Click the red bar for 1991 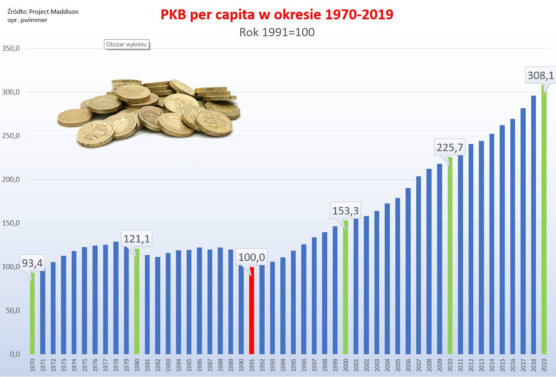coord(252,311)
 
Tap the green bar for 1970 coord(32,315)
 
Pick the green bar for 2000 coord(345,287)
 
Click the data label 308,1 coord(540,75)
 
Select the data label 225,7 coord(450,147)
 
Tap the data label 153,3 coord(345,211)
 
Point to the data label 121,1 coord(137,239)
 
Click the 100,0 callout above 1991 coord(252,257)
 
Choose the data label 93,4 coord(32,262)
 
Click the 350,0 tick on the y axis coord(11,49)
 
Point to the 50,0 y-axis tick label coord(13,310)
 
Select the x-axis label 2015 coord(502,364)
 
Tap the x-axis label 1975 coord(85,364)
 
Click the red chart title coord(277,15)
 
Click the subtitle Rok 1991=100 coord(277,32)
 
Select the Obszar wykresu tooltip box coord(126,44)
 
